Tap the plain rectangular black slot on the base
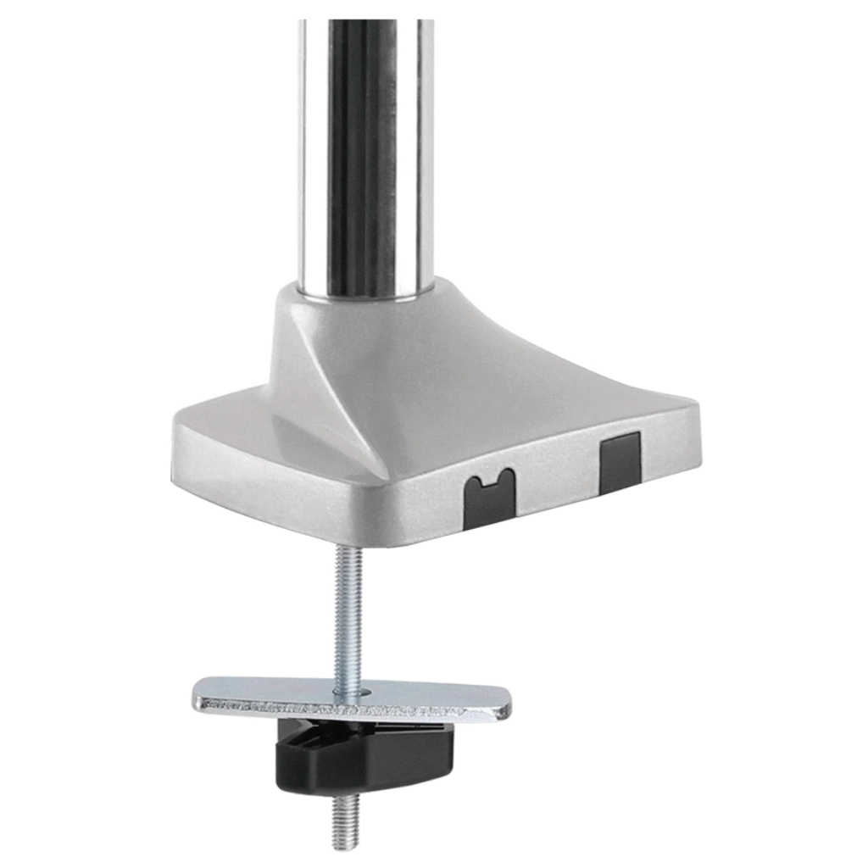point(620,462)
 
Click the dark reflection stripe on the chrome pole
point(362,153)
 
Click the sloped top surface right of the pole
point(526,356)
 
